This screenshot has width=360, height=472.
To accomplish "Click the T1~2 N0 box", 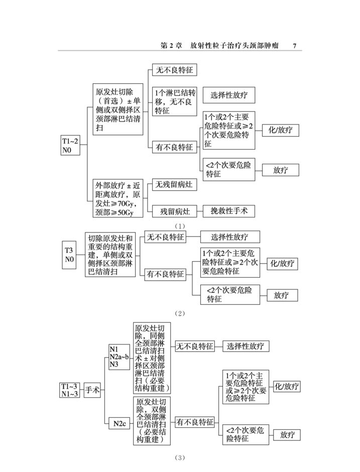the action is (70, 146).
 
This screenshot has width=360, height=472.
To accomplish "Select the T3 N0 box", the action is (69, 255).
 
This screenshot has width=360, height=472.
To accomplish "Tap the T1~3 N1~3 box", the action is (69, 390).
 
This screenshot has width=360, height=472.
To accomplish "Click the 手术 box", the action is (92, 390).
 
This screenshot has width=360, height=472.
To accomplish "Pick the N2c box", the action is (119, 423).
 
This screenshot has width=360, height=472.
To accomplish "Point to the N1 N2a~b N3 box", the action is (119, 357).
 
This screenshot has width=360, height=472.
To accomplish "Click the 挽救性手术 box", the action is (229, 211).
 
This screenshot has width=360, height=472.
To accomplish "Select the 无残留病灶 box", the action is (174, 184).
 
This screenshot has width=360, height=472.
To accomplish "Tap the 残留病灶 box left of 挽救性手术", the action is (175, 211).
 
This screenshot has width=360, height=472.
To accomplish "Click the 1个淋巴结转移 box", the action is (174, 101).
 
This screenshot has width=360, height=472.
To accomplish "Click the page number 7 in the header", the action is (295, 46).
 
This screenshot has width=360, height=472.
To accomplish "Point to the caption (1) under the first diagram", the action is (180, 226).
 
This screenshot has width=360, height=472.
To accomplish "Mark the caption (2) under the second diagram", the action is (180, 313).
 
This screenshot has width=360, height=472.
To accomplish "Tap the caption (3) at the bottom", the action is (180, 458).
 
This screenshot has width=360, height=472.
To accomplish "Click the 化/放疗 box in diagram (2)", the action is (282, 264).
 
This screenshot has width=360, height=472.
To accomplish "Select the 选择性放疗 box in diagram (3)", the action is (246, 346).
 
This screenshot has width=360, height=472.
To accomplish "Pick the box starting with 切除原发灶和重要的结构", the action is (110, 255).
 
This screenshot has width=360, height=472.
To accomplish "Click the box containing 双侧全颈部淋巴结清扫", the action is (152, 420).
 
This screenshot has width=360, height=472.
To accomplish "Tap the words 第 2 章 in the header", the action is (171, 46).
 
